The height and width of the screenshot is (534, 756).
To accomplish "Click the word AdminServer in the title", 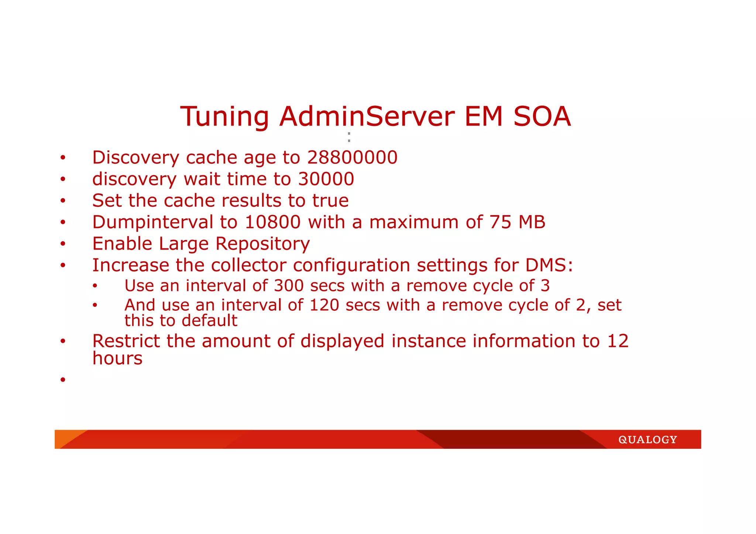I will pos(367,117).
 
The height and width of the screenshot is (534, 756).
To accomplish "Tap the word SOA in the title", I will pos(542,117).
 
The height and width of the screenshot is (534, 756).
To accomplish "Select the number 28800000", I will pos(352,158).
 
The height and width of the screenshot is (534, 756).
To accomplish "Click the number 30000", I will pos(326,179).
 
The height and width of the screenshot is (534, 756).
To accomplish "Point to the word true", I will pos(330,201).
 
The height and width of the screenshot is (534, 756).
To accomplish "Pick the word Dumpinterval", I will pos(152,223).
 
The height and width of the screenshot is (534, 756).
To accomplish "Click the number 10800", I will pos(272,223).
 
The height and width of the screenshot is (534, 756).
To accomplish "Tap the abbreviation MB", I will pos(532,223).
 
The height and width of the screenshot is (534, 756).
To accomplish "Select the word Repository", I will pos(262,244).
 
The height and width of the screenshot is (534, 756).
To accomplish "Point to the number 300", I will pos(289,286).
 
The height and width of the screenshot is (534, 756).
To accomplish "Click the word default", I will pos(212,321).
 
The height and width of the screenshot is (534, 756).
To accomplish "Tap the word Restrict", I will pos(126,341).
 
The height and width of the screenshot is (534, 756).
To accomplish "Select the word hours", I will pos(117,358).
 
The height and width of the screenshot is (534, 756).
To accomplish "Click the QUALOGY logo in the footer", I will pos(647,440).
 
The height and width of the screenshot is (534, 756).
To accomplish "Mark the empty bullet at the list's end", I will pos(63,379).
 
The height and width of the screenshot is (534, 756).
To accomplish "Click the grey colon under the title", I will pos(349,137).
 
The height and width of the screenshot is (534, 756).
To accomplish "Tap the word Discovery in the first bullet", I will pos(135,158).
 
